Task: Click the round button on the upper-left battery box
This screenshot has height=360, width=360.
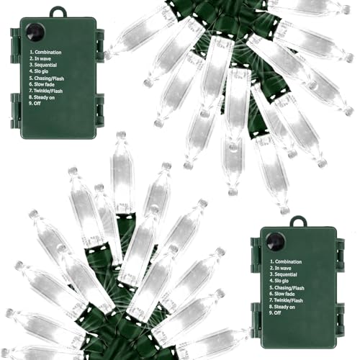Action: coord(35,32)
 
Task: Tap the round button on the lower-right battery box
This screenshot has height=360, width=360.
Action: coord(276,242)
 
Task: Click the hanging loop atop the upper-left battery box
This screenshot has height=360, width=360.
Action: coord(58,12)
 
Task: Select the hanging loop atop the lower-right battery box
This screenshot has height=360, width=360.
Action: coord(298,222)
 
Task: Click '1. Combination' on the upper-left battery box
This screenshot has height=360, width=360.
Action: coord(45,52)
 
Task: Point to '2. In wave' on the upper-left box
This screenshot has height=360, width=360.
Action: coord(40,58)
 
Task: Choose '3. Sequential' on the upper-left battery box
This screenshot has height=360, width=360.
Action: coord(43,65)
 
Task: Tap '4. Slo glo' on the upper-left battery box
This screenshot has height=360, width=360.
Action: coord(39,71)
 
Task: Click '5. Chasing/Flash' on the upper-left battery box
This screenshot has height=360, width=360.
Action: coord(47,78)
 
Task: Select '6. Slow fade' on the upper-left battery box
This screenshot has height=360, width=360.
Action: coord(42,84)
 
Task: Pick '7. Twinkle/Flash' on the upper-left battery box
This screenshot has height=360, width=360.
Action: coord(46,91)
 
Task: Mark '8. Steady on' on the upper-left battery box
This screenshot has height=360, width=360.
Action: coord(42,97)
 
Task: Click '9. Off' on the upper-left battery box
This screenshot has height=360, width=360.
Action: coord(35,104)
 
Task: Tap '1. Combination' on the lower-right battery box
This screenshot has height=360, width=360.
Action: coord(286,261)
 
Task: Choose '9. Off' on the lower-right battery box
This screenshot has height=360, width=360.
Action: coord(275,312)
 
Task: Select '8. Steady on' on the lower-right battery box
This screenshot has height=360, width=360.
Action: coord(282,307)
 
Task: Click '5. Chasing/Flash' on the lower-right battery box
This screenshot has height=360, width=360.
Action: coord(287,288)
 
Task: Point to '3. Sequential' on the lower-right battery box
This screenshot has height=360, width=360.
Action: coord(284,274)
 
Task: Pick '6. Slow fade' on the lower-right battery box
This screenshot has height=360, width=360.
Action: coord(282,294)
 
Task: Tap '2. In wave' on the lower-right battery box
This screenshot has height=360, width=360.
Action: coord(281,268)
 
